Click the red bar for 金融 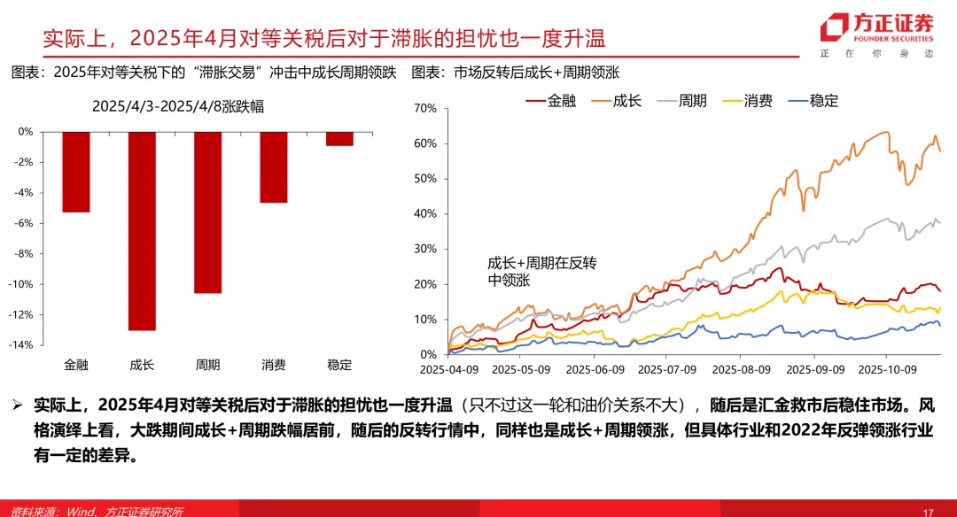[x=75, y=172]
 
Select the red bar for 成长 [x=142, y=230]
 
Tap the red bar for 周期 [x=208, y=212]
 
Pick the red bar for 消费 [x=274, y=166]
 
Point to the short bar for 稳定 [x=339, y=138]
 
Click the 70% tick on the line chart [x=425, y=108]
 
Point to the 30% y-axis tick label [x=425, y=249]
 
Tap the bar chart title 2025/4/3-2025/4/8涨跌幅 [x=178, y=106]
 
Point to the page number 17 [x=929, y=512]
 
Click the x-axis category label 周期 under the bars [x=208, y=365]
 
